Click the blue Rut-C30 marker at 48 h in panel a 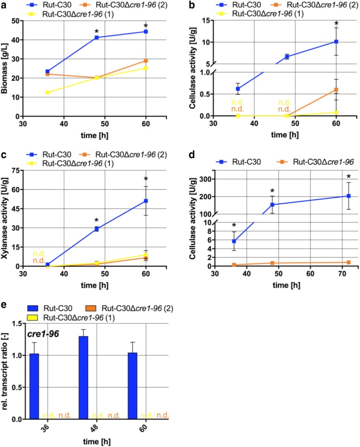click(97, 37)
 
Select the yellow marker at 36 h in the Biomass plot click(48, 92)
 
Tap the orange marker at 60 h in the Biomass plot click(146, 61)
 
